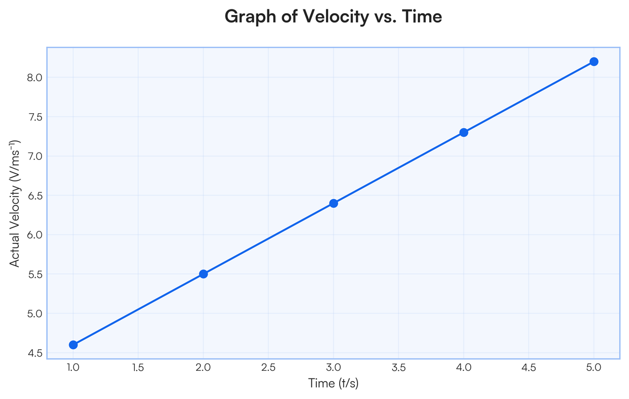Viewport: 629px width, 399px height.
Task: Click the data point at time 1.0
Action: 73,344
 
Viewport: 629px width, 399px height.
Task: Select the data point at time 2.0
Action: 203,274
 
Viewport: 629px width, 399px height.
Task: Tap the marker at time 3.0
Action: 333,203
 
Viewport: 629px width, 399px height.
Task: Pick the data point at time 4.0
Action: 463,132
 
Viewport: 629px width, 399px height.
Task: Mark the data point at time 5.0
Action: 593,61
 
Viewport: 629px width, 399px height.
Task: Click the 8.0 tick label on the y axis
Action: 35,78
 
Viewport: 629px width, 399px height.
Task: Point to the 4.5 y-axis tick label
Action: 35,353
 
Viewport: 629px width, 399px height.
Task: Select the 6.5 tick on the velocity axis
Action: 35,196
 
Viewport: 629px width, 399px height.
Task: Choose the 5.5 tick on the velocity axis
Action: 35,274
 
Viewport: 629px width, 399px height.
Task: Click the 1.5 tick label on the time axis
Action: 138,368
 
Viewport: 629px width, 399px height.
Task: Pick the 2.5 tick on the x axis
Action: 268,368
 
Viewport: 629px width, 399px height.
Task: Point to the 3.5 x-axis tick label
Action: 398,368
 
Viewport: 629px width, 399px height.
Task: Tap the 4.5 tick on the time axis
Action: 528,368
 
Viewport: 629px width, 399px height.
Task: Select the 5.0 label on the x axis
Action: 593,368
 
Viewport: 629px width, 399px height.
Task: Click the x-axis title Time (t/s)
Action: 333,383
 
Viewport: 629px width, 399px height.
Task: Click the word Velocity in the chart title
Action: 335,17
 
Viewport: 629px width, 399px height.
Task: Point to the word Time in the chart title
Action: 422,16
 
